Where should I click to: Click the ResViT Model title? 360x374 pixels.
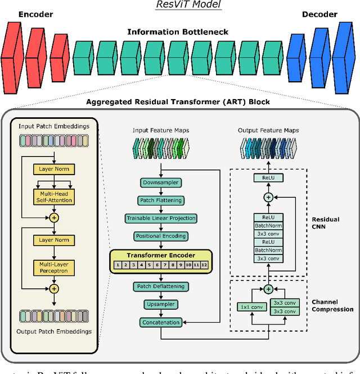click(181, 5)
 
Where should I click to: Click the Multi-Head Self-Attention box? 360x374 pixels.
click(53, 197)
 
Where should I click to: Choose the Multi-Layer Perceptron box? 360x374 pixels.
click(53, 267)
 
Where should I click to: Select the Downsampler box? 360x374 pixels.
click(161, 182)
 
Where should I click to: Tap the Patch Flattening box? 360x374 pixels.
click(161, 201)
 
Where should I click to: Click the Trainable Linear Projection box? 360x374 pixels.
click(161, 218)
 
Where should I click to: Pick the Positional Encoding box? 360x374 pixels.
click(161, 236)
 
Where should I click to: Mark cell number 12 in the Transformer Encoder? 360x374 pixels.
click(204, 264)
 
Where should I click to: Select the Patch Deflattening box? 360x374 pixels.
click(161, 287)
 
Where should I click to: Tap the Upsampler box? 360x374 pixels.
click(161, 304)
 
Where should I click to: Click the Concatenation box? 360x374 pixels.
click(161, 323)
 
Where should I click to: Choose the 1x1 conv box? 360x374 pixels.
click(250, 307)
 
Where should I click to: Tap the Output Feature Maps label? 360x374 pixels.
click(268, 130)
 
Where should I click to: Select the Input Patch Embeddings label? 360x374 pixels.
click(54, 126)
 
